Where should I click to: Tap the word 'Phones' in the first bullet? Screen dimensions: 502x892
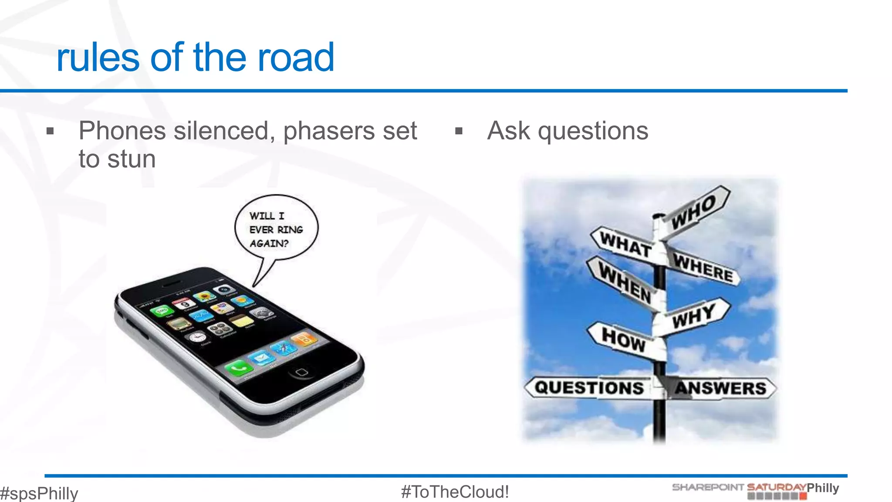[122, 131]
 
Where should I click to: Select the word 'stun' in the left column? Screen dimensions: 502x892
[132, 159]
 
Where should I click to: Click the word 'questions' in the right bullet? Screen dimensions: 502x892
[593, 131]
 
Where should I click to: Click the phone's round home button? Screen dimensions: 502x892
[301, 372]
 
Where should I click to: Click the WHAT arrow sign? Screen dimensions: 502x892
[625, 244]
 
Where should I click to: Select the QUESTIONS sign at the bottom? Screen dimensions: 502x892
[589, 387]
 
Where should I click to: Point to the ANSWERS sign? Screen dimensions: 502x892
[720, 388]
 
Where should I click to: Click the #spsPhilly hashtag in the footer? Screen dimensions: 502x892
[39, 493]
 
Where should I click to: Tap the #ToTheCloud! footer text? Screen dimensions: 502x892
[455, 492]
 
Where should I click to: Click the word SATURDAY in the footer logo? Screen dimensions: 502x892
[776, 487]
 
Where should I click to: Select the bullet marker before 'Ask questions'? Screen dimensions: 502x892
[459, 131]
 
